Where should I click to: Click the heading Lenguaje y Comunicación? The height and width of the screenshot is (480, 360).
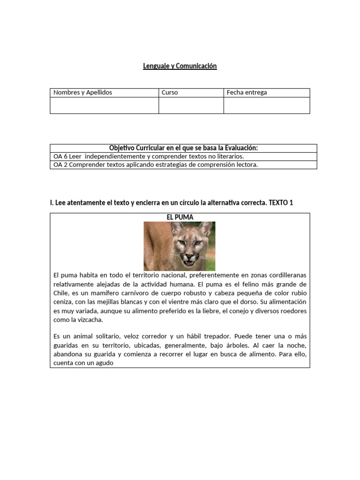[180, 66]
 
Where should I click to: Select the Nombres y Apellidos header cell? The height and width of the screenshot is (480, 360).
[83, 92]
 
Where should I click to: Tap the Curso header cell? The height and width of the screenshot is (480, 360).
[170, 92]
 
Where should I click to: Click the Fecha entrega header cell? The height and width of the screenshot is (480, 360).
[247, 92]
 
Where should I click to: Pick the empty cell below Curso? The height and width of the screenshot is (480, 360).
[191, 105]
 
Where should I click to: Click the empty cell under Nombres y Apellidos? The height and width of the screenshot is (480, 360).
[104, 105]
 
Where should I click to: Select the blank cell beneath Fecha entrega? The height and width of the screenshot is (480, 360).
[266, 105]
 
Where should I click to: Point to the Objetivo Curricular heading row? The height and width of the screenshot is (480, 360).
[183, 148]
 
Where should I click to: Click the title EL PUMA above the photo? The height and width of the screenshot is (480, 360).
[180, 217]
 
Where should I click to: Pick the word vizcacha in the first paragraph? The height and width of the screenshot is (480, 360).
[90, 320]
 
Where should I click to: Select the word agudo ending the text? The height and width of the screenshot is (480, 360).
[104, 363]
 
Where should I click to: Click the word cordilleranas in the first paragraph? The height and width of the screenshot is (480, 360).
[287, 275]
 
